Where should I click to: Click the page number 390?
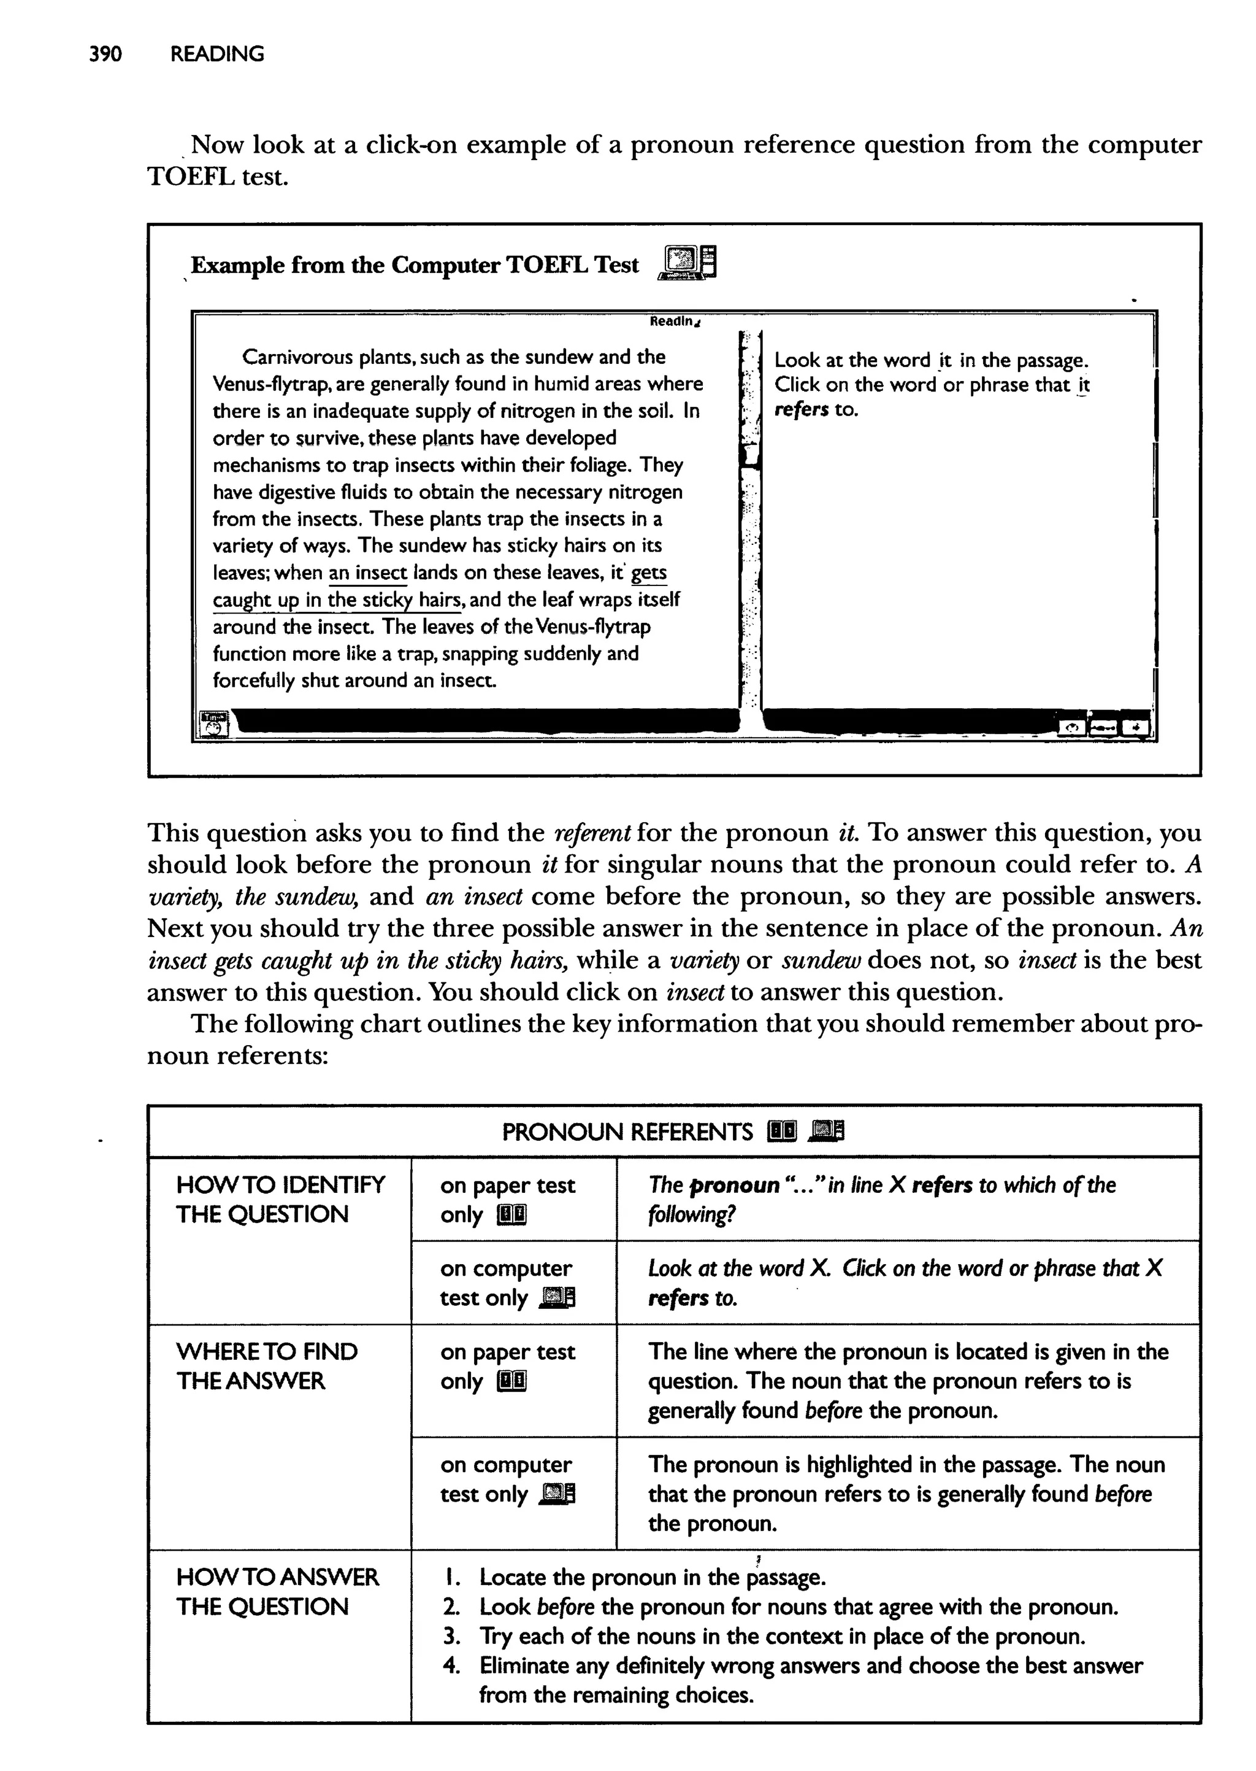[x=105, y=54]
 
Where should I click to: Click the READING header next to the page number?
[x=216, y=54]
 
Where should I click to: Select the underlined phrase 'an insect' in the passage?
[x=368, y=573]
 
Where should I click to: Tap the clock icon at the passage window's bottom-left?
[x=214, y=725]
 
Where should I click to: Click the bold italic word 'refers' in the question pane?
[x=801, y=409]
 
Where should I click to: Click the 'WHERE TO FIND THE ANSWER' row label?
[x=266, y=1367]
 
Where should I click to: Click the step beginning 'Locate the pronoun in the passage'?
[x=652, y=1577]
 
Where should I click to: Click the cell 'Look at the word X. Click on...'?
[x=905, y=1283]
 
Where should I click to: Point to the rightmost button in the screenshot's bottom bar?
[x=1135, y=727]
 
